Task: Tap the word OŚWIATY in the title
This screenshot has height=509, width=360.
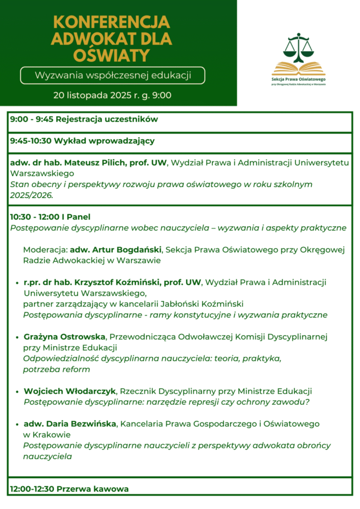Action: point(111,54)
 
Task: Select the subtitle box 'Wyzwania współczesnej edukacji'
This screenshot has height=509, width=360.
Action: point(112,76)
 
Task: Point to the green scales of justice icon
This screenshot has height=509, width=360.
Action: point(298,47)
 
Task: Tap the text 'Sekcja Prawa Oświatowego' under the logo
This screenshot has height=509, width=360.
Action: point(298,79)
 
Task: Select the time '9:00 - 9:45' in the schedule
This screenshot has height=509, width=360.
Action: point(32,119)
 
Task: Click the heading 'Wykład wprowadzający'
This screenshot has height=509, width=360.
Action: point(106,141)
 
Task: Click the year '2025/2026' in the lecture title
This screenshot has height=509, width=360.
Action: point(31,195)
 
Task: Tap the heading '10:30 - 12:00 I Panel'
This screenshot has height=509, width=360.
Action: point(50,217)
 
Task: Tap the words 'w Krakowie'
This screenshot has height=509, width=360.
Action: point(41,434)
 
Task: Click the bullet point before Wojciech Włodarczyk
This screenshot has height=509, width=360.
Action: point(18,392)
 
